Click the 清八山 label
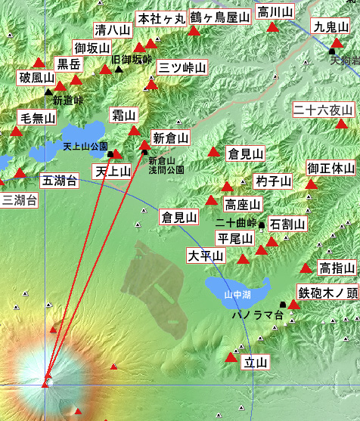click(x=112, y=30)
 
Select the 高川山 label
click(x=273, y=11)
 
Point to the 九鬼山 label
click(x=331, y=26)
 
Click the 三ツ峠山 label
click(x=182, y=67)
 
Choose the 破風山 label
click(x=37, y=78)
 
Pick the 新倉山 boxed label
click(x=170, y=138)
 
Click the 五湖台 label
click(x=59, y=181)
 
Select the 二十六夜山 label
click(x=324, y=110)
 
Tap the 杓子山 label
click(x=273, y=181)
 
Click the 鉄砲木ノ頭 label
click(x=327, y=293)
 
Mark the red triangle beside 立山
click(x=231, y=356)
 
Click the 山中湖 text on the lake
click(x=237, y=294)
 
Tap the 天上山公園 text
click(x=85, y=146)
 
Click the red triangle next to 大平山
click(x=243, y=258)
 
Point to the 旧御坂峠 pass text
click(x=132, y=59)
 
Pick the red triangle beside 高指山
click(x=306, y=268)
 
